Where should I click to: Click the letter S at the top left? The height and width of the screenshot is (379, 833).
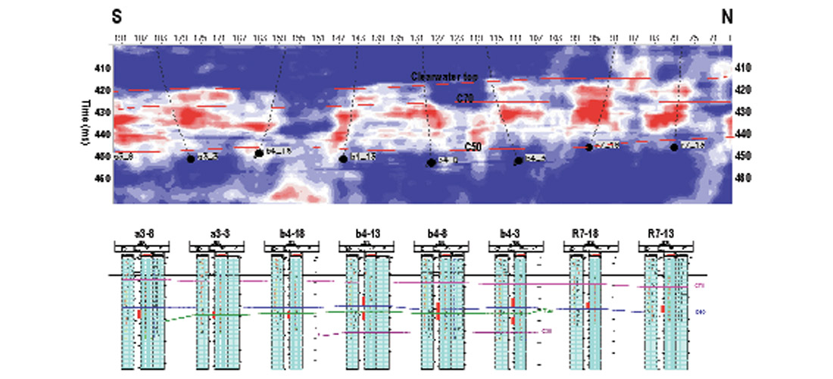tap(119, 15)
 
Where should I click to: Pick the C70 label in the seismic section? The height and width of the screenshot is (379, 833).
tap(464, 99)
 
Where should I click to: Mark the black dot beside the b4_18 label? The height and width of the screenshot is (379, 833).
tap(259, 153)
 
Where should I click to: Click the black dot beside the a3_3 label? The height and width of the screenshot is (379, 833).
tap(191, 158)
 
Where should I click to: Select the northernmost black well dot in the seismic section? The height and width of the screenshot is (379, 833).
tap(674, 147)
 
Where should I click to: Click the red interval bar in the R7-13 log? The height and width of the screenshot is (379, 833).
tap(663, 309)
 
